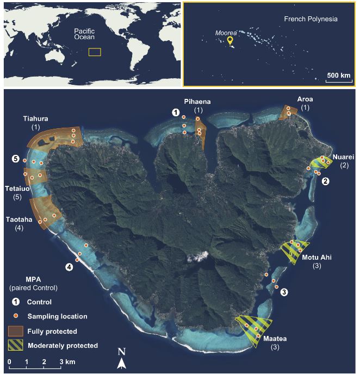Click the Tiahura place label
[37, 118]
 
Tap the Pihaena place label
[197, 102]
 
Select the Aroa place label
[305, 100]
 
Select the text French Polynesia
[311, 19]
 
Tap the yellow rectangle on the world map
[95, 52]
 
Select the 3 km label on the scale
[67, 361]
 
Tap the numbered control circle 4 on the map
[69, 267]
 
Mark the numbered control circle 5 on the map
[16, 159]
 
